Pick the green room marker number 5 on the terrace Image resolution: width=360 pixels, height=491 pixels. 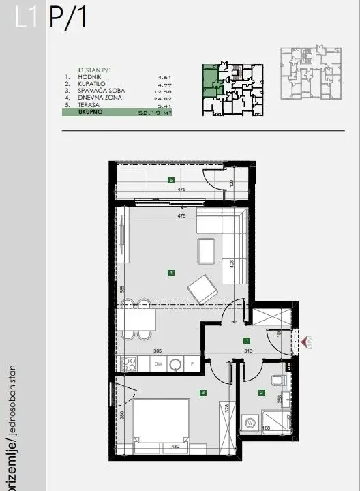pos(170,180)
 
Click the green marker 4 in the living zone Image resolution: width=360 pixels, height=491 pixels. pos(171,273)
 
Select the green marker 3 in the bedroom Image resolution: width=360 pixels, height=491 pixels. pos(203,392)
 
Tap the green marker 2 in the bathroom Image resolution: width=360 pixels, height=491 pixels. pos(261,392)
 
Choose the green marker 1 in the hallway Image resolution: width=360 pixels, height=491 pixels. pos(246,340)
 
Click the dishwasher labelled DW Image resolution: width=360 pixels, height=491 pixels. pos(157,364)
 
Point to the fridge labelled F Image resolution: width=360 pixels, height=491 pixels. pos(193,364)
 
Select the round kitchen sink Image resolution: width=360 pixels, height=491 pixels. pos(175,364)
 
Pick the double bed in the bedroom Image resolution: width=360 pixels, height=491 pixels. pos(161,423)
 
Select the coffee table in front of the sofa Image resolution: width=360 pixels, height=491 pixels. pos(206,250)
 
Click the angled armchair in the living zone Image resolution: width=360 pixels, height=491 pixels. pos(202,288)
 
